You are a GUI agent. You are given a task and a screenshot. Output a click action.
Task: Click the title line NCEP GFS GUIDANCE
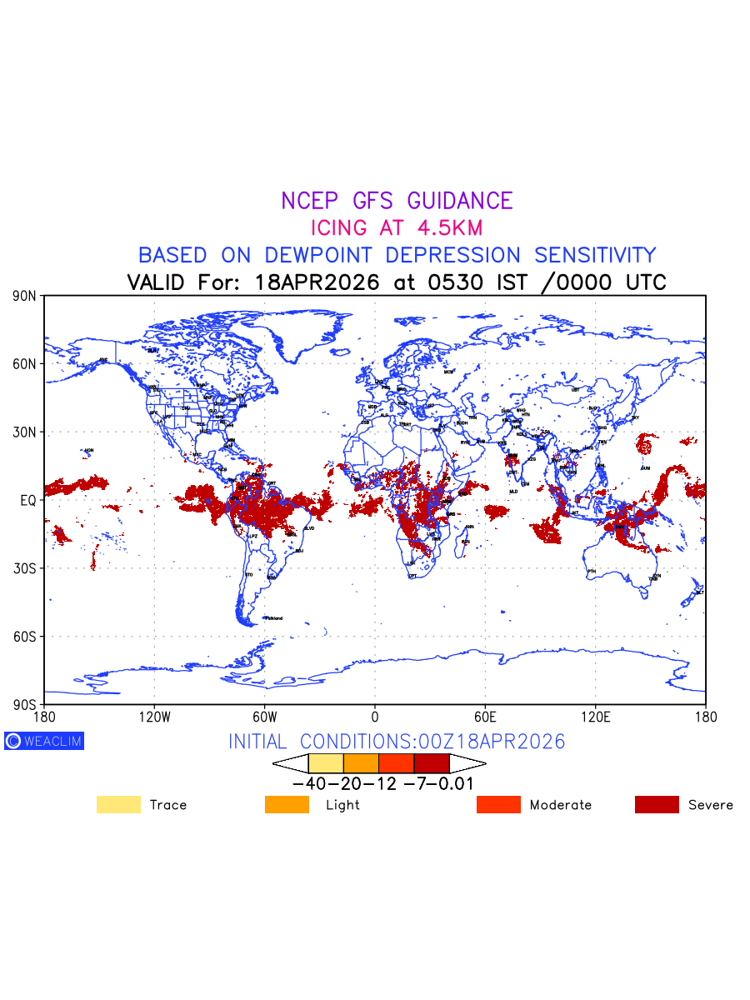(397, 201)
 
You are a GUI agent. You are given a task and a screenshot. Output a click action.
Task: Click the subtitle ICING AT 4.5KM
(397, 227)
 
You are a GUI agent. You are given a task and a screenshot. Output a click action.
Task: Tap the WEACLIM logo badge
(44, 741)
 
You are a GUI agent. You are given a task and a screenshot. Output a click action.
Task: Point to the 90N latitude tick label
(25, 296)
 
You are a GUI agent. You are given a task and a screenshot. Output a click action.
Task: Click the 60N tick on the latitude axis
(25, 364)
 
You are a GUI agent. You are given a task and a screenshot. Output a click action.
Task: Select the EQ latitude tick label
(27, 500)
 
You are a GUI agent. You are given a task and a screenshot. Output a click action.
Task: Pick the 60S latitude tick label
(25, 637)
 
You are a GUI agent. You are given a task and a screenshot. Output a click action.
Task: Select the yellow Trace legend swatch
(118, 805)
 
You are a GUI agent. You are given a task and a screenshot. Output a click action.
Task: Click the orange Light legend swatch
(287, 805)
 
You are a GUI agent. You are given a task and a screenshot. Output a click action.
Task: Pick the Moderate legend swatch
(498, 805)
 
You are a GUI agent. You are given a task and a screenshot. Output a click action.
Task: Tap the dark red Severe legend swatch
(657, 805)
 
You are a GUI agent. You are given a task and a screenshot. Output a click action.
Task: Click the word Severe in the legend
(711, 805)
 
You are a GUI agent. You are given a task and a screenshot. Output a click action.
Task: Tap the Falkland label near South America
(274, 618)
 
